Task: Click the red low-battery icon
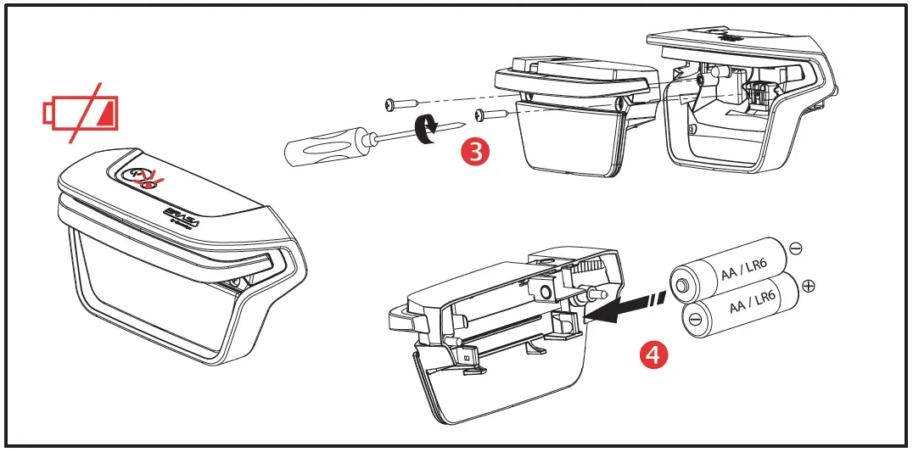(81, 114)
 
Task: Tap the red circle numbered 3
(474, 152)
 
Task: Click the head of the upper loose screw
(390, 104)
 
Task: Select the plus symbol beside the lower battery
(809, 287)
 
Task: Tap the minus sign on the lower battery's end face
(695, 321)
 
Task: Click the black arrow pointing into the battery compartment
(615, 310)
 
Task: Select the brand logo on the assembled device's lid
(179, 213)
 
